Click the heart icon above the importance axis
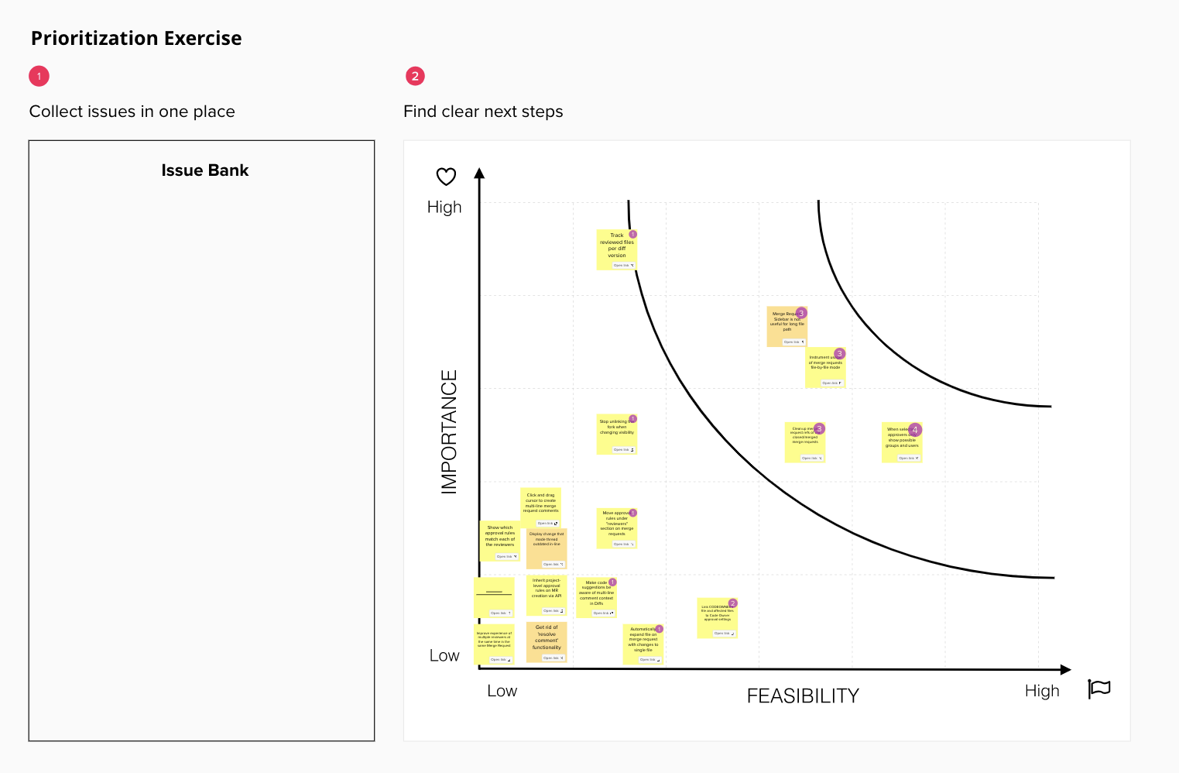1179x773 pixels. (446, 177)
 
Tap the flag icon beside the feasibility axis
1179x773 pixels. (1099, 688)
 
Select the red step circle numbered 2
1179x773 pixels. (415, 76)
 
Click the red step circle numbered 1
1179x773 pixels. (39, 76)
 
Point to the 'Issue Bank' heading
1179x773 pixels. (204, 170)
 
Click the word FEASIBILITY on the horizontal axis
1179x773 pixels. (803, 696)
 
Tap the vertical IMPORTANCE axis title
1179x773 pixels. (449, 431)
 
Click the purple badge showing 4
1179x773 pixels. (915, 429)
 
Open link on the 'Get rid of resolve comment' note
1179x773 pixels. (551, 658)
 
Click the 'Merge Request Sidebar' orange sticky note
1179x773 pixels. (786, 326)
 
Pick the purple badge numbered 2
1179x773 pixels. (732, 603)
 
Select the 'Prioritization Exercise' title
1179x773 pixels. (136, 38)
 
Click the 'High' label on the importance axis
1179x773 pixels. (444, 207)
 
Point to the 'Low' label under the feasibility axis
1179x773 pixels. (502, 691)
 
